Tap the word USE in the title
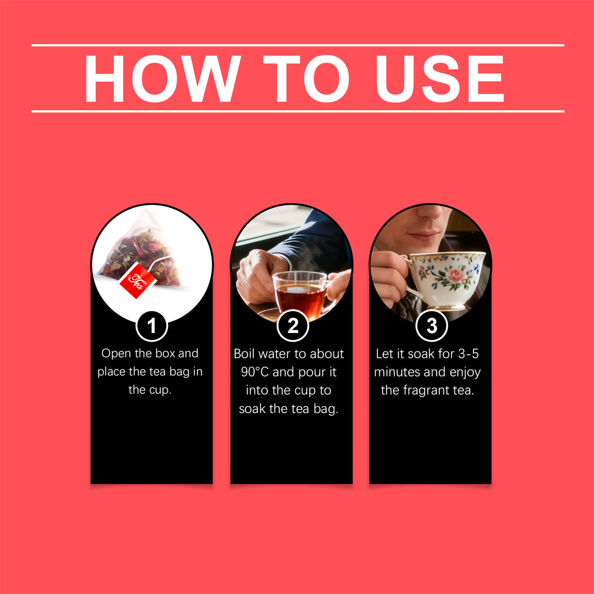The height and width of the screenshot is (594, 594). [x=439, y=78]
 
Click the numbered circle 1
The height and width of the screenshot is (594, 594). [x=151, y=326]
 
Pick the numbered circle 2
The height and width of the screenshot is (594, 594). [x=292, y=326]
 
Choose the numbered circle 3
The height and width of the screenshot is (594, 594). [x=431, y=326]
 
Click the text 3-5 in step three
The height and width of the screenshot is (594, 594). [x=468, y=354]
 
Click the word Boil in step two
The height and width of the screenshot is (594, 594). [x=244, y=354]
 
